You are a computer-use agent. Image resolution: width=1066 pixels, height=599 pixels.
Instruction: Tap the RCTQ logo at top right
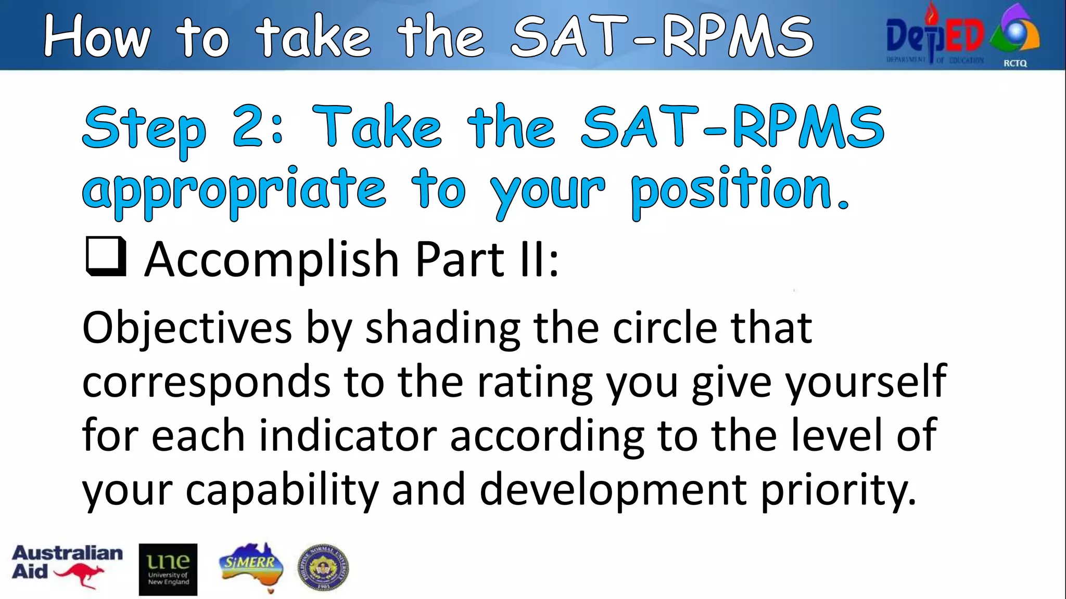coord(1016,36)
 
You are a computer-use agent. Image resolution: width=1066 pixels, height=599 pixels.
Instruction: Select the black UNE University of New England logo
coord(168,569)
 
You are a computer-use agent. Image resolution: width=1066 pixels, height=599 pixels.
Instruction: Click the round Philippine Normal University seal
coord(323,568)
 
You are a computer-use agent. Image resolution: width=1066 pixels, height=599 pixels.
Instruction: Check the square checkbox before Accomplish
coord(106,256)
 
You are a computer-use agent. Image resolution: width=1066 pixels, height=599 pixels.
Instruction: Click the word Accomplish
coord(271,259)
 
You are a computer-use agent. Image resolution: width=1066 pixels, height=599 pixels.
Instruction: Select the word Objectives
coord(187,329)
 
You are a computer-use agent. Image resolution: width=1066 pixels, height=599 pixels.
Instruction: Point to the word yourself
coord(866,382)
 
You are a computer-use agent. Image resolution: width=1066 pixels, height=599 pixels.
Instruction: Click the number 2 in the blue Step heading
coord(252,126)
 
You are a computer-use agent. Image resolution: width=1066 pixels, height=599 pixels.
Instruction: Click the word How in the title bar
coord(97,36)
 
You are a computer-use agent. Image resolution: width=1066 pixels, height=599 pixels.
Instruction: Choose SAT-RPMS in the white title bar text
coord(662,36)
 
